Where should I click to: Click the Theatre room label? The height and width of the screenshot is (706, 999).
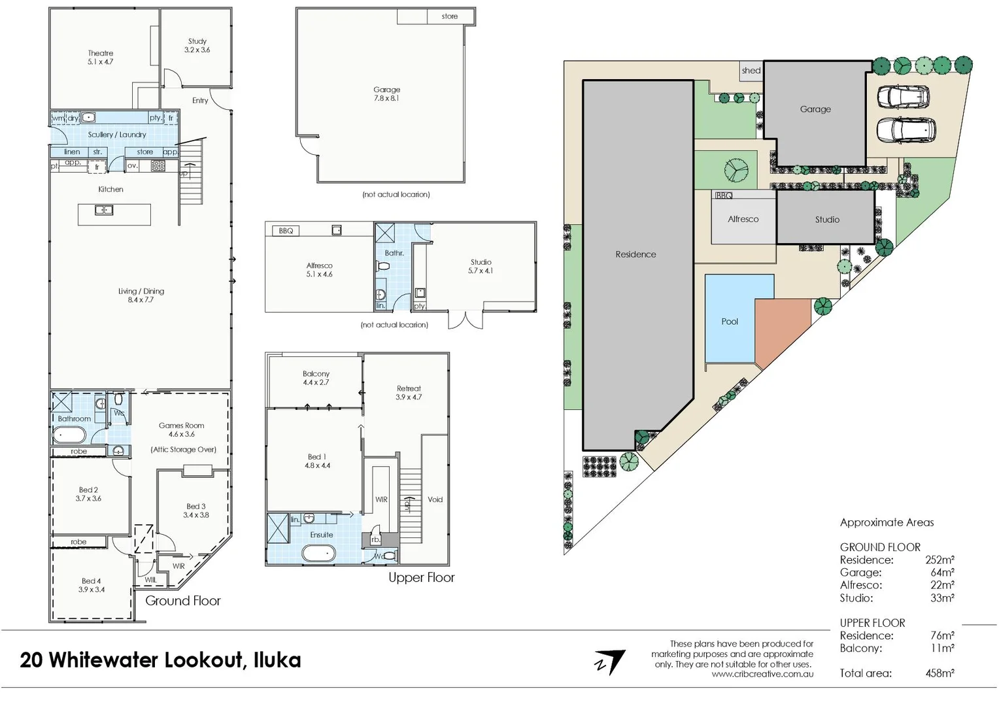coord(101,58)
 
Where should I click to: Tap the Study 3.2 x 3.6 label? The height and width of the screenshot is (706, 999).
coord(197,45)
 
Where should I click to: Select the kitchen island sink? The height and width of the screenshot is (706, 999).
coord(104,210)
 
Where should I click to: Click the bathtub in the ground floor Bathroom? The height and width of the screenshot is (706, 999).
coord(69,435)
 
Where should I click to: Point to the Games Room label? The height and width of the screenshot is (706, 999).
coord(182,429)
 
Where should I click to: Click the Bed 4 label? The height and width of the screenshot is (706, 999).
coord(92,585)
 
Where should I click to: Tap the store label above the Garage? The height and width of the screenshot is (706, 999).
coord(450,16)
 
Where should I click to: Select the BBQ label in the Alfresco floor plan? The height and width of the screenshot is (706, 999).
coord(286,231)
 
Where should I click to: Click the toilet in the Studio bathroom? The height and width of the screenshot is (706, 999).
coord(384,267)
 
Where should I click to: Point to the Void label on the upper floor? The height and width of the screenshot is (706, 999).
coord(435,499)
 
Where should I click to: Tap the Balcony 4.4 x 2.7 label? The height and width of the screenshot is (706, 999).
coord(316,378)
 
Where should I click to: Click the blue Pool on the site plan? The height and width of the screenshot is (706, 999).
coord(730,321)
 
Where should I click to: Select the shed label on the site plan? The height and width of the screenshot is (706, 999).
coord(751,71)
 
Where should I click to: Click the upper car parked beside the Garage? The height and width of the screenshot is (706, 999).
coord(903,97)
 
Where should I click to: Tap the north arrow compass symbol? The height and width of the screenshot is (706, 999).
coord(609,662)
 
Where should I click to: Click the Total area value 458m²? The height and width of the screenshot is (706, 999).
coord(940,673)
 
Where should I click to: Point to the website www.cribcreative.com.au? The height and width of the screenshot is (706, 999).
coord(762,674)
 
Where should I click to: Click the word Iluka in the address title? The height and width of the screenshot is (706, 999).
coord(277,660)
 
